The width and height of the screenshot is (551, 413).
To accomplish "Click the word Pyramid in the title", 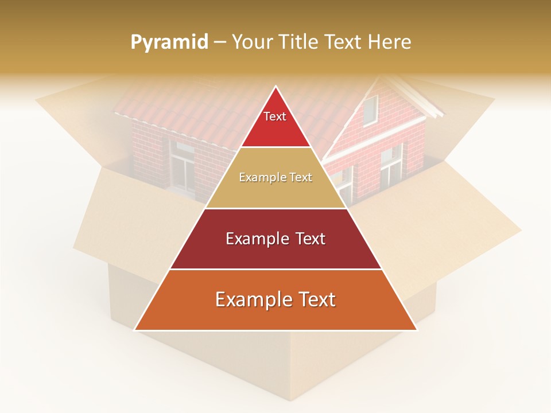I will (169, 42).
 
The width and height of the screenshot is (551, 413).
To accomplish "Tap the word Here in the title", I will (390, 42).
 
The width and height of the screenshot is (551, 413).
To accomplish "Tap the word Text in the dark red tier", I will (308, 239).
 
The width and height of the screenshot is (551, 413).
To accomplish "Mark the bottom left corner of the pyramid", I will (135, 329).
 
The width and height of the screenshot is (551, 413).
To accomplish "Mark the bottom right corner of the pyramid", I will (417, 329).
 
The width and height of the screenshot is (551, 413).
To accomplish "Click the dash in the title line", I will (220, 42).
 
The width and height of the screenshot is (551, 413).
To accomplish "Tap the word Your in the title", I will (250, 42).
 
